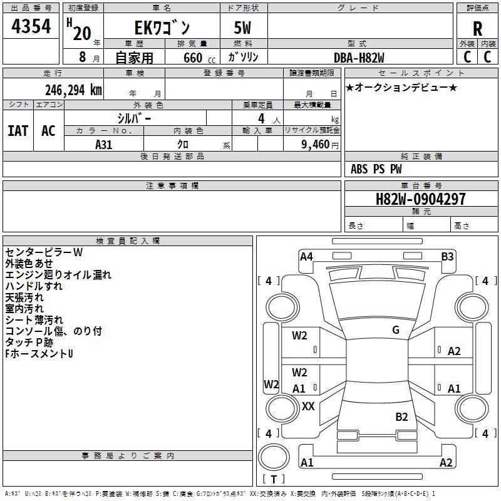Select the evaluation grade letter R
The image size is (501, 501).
point(477,29)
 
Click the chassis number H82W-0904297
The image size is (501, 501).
point(420,199)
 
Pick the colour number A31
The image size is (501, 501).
point(104,144)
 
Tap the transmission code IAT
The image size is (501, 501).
point(18,131)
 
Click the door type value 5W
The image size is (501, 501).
point(243,29)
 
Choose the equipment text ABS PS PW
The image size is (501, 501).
point(376,169)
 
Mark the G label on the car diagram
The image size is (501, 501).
point(395,330)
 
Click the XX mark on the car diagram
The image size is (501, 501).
point(308,406)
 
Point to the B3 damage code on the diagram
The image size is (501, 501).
point(447,256)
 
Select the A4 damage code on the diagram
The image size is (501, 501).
point(306,256)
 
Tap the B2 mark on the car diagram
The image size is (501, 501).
point(401,416)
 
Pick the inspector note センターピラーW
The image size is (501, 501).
point(44,252)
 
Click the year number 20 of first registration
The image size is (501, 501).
point(82,33)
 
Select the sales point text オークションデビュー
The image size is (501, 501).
point(401,88)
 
